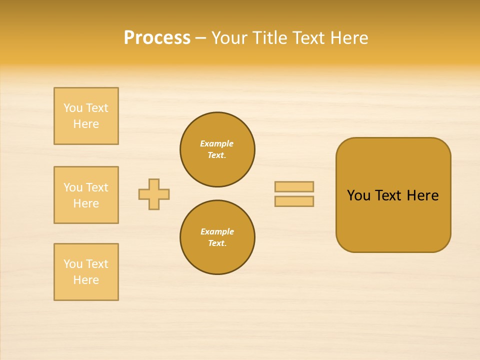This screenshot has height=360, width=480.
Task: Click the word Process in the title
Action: point(157,38)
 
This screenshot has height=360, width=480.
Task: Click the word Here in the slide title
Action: point(348,38)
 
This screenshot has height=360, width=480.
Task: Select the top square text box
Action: point(86,116)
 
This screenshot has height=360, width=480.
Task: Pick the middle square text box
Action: point(86,195)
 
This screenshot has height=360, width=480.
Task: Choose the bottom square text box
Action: point(86,272)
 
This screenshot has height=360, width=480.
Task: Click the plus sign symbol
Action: point(154,194)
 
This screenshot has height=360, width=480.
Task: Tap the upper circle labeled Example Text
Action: point(217,149)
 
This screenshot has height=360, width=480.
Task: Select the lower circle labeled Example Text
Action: point(217,237)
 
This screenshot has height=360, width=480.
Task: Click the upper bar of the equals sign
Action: point(294,186)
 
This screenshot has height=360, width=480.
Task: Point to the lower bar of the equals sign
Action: point(294,201)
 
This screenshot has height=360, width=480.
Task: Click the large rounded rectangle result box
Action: point(393,220)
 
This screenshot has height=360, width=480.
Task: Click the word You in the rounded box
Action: point(358,195)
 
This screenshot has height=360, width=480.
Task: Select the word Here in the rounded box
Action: point(422,195)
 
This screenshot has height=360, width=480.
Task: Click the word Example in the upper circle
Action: point(217,144)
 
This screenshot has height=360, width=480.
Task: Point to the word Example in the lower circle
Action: point(217,232)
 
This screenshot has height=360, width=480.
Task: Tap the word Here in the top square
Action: point(86,124)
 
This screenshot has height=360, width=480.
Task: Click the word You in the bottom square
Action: point(73,264)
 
